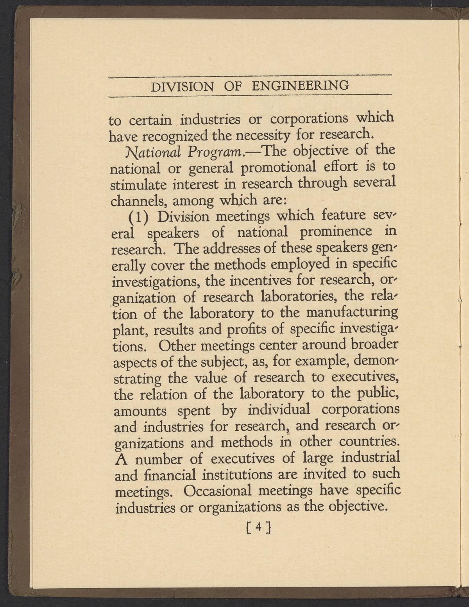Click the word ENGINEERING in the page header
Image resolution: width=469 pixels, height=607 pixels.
(300, 85)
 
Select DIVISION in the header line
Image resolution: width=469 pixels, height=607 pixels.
(182, 86)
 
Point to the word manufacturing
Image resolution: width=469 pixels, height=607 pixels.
(352, 313)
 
